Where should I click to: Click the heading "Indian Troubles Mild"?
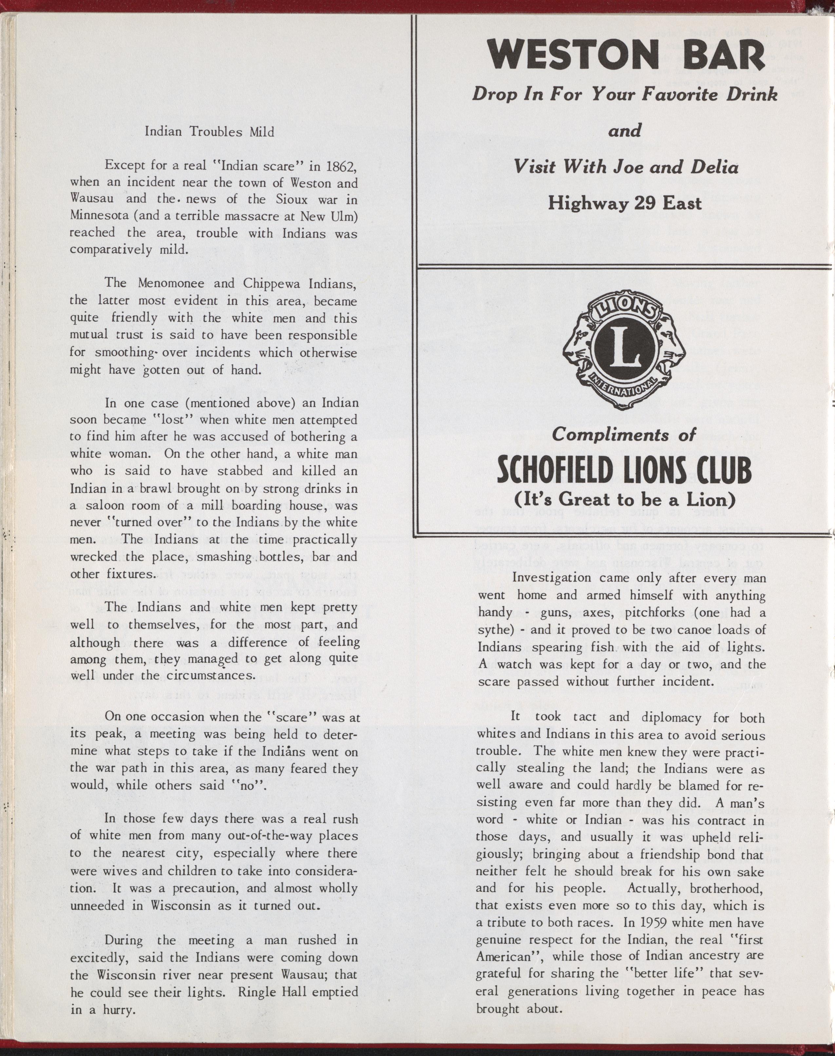point(209,132)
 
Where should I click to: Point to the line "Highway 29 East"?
point(624,203)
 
